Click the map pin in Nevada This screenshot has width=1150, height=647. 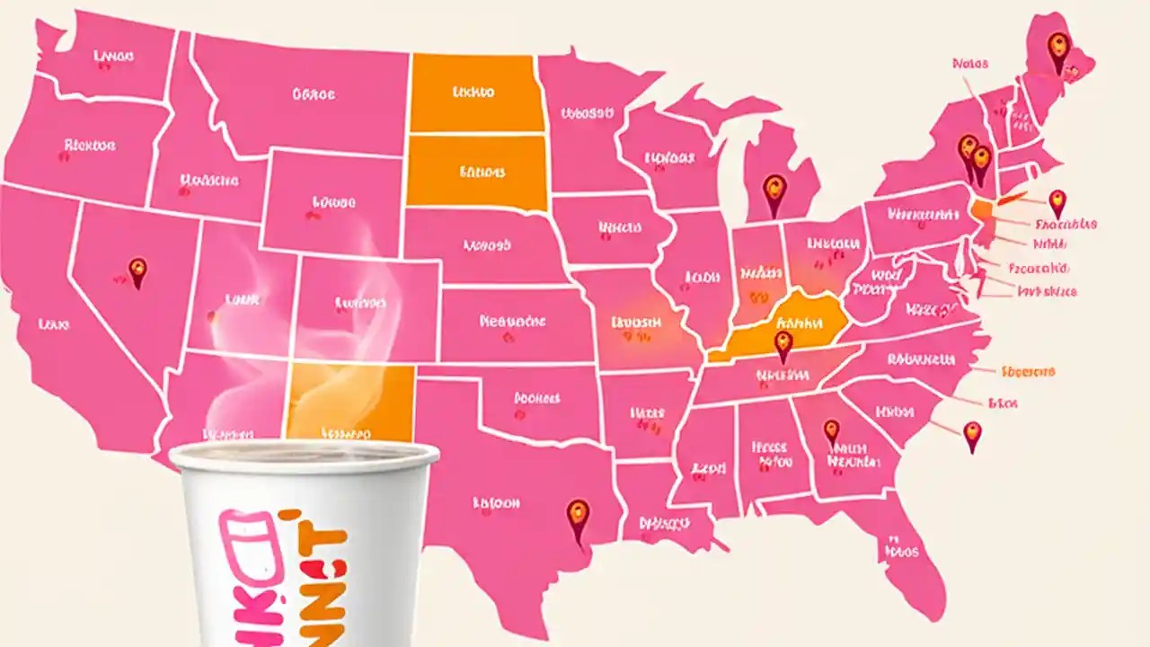[x=137, y=271]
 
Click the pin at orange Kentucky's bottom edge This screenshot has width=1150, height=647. [x=783, y=344]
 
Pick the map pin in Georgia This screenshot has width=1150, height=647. [x=831, y=432]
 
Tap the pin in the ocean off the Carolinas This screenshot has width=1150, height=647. [x=972, y=435]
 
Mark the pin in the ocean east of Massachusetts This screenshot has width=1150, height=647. [x=1057, y=202]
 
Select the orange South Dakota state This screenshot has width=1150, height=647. [x=476, y=172]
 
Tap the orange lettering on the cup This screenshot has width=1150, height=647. [x=314, y=575]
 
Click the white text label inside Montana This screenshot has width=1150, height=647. [x=313, y=93]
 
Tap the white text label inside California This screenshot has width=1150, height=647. [x=55, y=323]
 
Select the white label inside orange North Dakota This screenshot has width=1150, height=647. [x=473, y=92]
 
